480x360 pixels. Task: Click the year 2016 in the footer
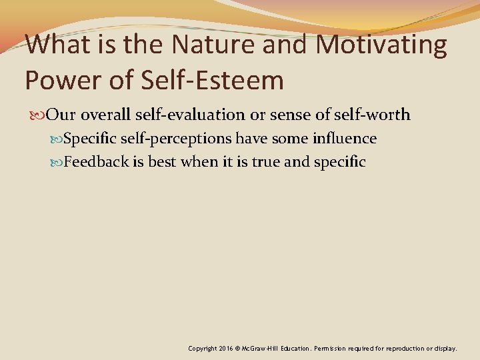[224, 348]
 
